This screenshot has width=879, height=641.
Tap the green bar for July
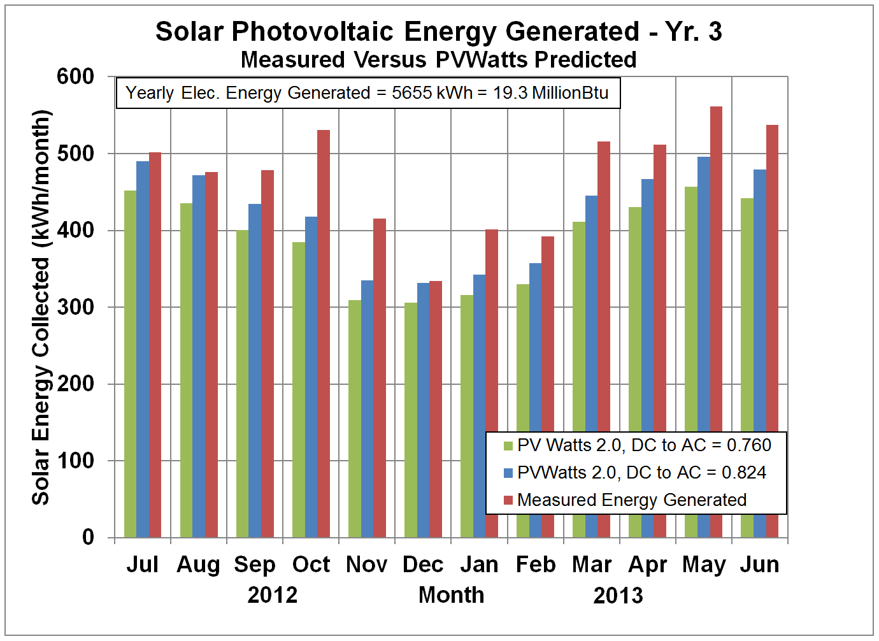tap(130, 363)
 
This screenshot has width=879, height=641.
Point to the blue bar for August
tap(199, 356)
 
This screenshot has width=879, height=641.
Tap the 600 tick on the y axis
tap(75, 76)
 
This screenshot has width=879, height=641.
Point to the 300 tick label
tap(75, 307)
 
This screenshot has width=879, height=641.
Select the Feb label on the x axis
tap(535, 565)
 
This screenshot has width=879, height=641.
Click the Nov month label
tap(366, 565)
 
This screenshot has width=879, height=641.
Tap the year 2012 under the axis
tap(273, 595)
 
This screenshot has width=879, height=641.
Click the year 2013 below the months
tap(618, 596)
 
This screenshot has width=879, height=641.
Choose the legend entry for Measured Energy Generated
tap(631, 500)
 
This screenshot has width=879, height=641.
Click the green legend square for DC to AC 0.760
tap(508, 445)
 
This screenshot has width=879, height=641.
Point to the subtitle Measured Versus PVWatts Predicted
tap(438, 59)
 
